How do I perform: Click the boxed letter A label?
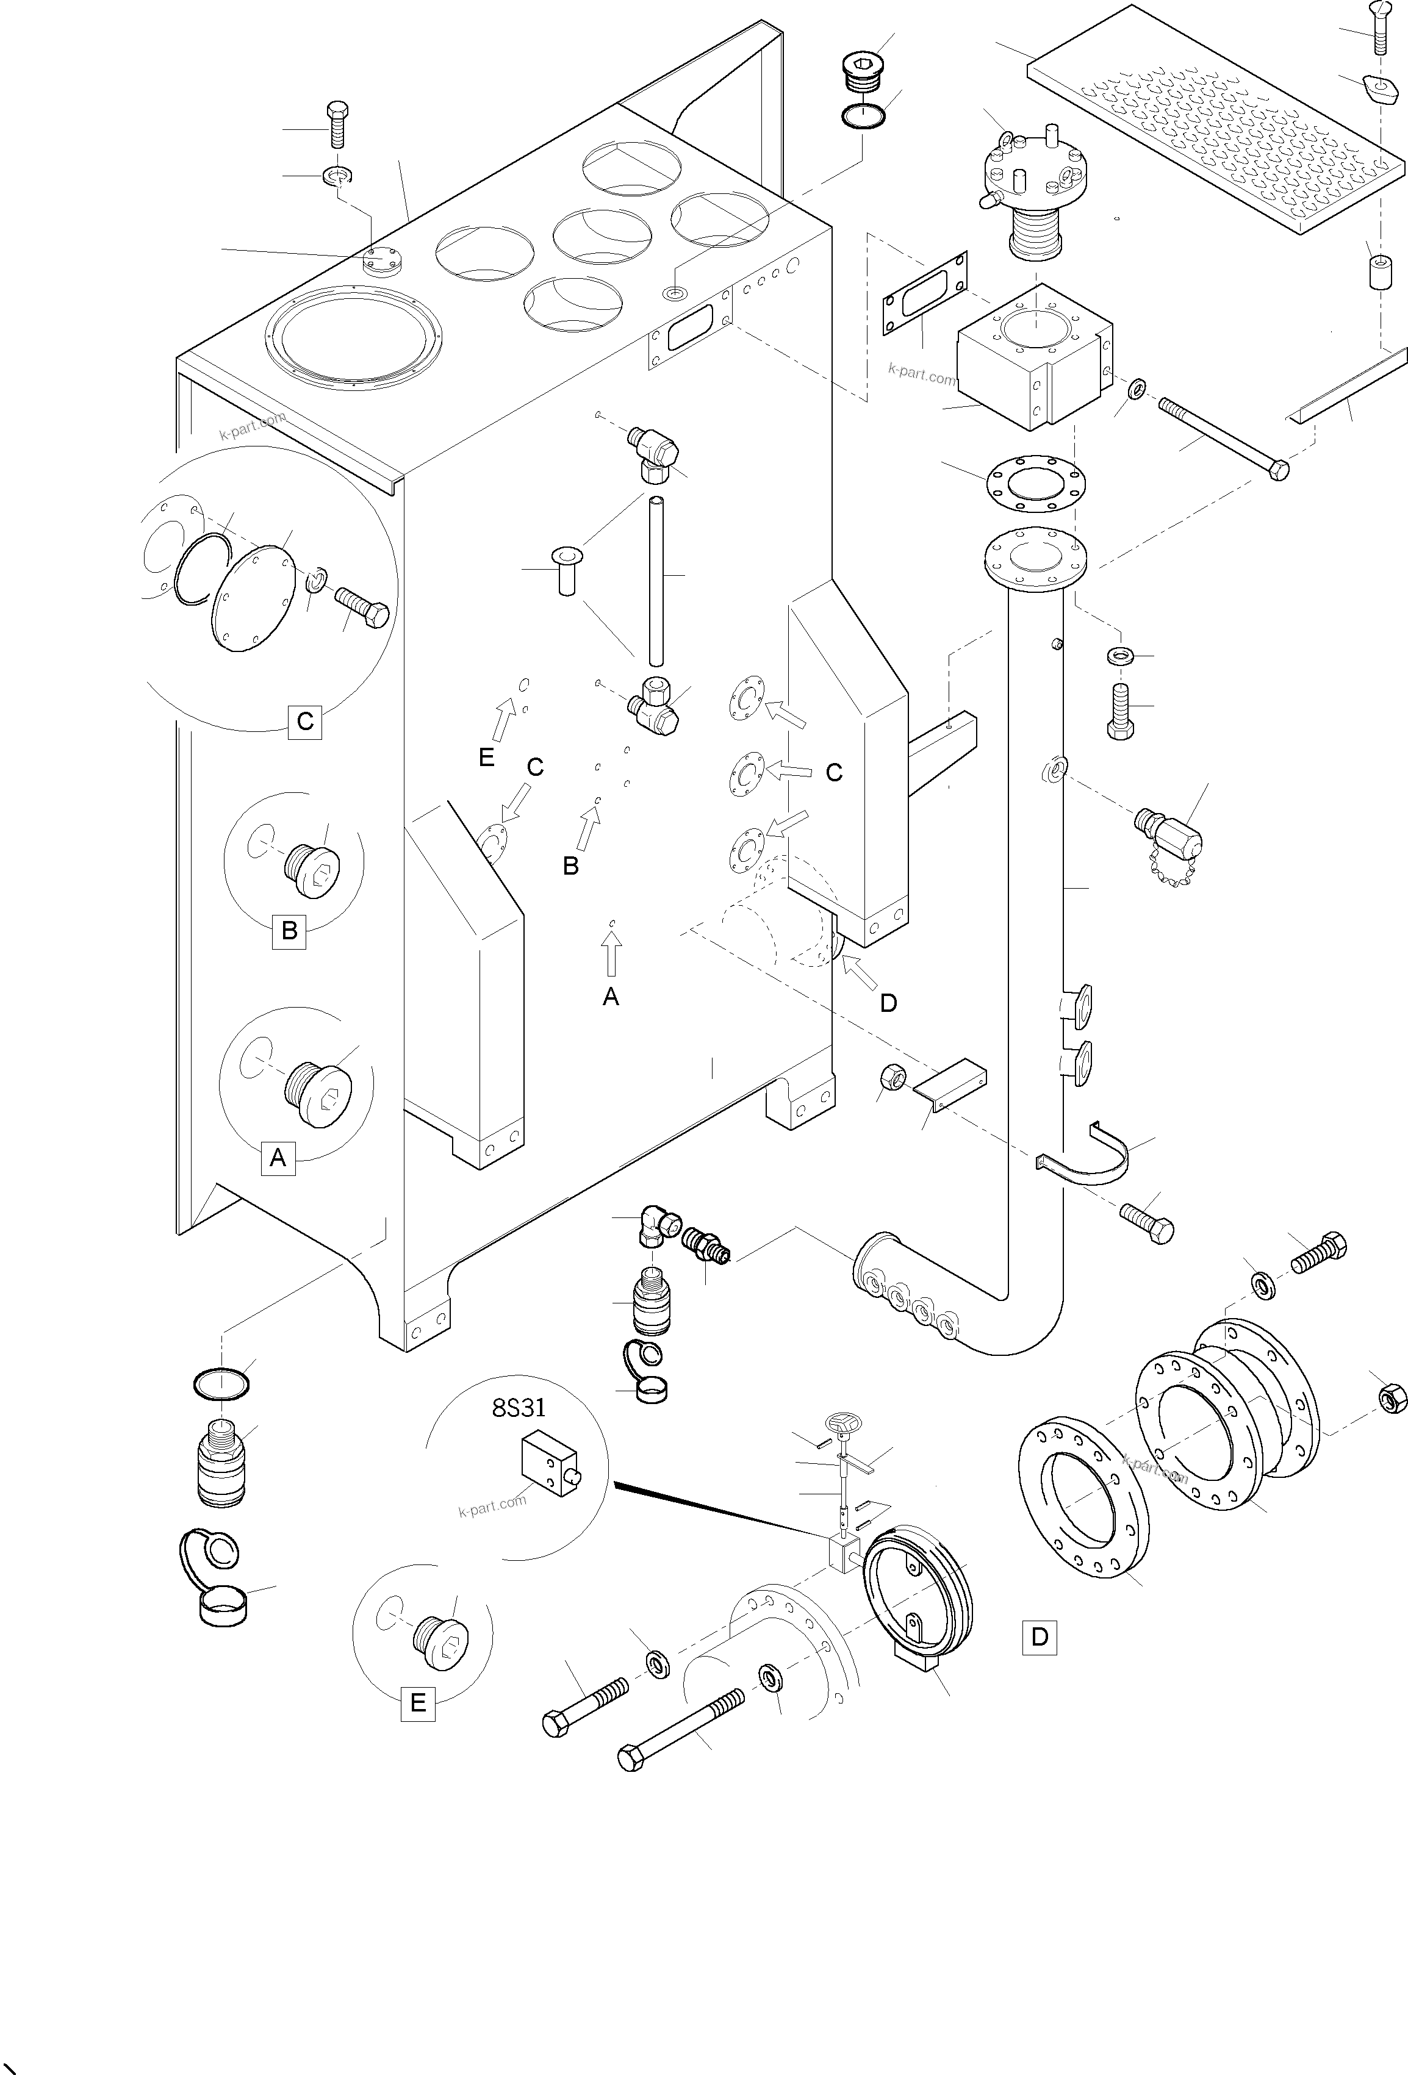tap(278, 1158)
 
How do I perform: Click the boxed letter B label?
tap(289, 931)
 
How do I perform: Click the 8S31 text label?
tap(518, 1408)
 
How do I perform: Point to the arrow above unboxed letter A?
tap(611, 953)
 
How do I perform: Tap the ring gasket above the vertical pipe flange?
tap(1036, 483)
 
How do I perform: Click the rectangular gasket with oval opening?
tap(924, 293)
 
